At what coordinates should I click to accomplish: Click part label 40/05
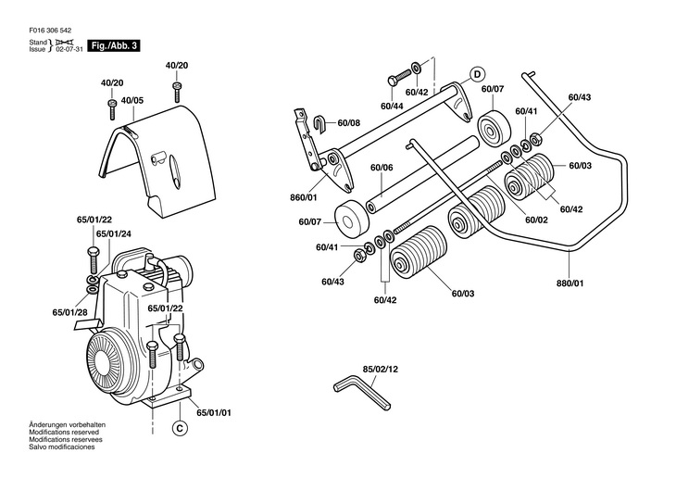[131, 100]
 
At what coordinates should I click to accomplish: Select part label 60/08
[349, 122]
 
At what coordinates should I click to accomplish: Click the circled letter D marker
[478, 73]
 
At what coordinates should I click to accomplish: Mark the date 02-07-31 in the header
[69, 49]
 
